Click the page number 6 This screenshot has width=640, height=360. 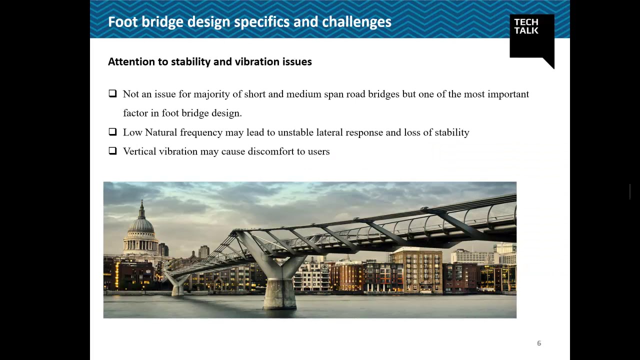(539, 343)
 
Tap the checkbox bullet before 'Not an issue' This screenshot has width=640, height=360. (112, 93)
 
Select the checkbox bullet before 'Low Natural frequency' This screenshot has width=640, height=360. (112, 132)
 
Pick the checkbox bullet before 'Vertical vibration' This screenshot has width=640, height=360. (112, 150)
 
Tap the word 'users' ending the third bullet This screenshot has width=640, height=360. (318, 151)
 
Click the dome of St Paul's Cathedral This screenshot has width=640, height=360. (142, 225)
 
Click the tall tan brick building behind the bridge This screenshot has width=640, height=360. (416, 270)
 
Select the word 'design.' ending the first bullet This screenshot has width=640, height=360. (226, 113)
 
